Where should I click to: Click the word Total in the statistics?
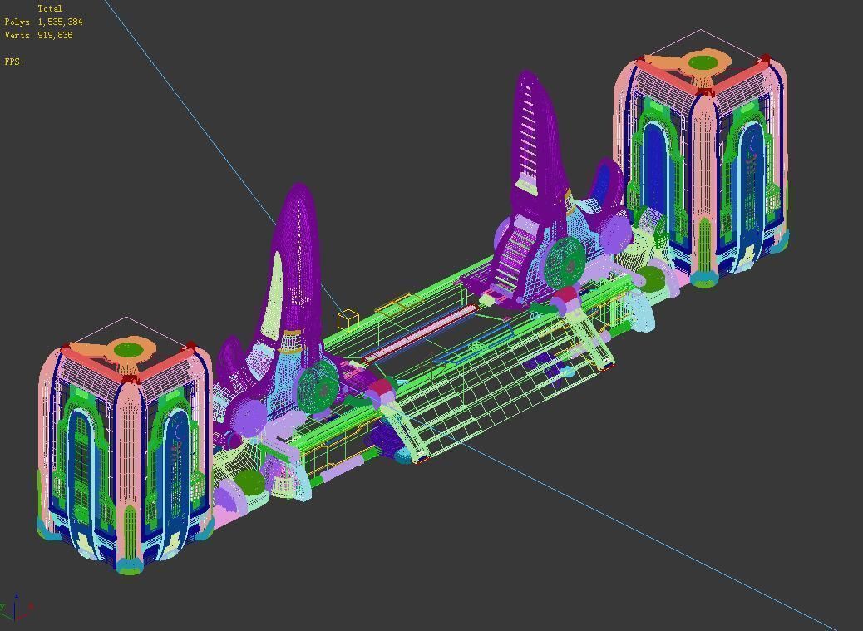click(50, 9)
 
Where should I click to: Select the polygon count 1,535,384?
click(60, 22)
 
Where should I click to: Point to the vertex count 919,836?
click(55, 36)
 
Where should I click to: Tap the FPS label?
click(13, 62)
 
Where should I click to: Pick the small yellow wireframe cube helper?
click(348, 318)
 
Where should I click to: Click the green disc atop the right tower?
click(703, 62)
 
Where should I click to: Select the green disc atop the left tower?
click(128, 349)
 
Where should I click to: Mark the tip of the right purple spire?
click(527, 76)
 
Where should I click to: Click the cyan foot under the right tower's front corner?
click(703, 279)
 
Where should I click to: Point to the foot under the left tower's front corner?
click(129, 567)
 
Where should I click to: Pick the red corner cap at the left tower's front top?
click(128, 379)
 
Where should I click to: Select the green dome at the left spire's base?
click(249, 481)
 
